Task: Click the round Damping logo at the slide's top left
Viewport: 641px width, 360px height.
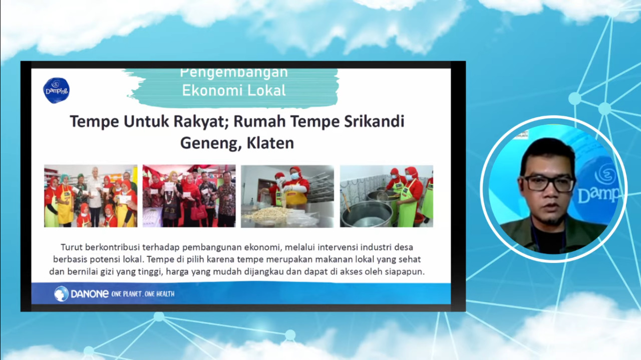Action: click(56, 90)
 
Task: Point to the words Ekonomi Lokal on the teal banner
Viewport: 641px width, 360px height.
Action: click(234, 91)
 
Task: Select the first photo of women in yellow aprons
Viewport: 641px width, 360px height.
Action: click(91, 196)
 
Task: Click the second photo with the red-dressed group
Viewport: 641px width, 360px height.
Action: click(189, 196)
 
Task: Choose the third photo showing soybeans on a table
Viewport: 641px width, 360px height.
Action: click(287, 196)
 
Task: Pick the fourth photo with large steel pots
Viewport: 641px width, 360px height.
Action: click(386, 196)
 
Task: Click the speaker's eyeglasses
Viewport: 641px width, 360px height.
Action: click(548, 184)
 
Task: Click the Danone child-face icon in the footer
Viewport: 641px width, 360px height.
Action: click(61, 294)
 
